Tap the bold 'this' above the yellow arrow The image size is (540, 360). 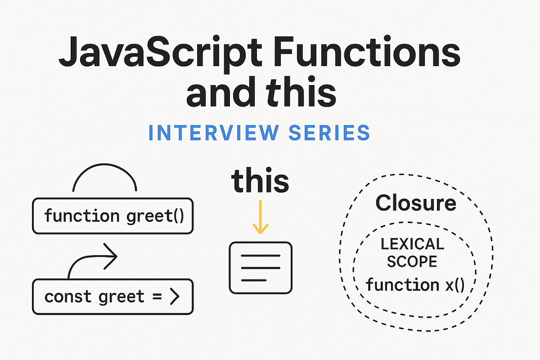click(x=260, y=181)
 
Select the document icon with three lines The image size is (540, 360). click(x=261, y=268)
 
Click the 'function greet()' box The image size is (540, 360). click(x=113, y=216)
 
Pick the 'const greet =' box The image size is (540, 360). click(x=113, y=297)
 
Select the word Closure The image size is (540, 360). click(x=416, y=202)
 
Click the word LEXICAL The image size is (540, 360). click(x=412, y=244)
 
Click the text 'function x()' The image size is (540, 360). click(x=414, y=284)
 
